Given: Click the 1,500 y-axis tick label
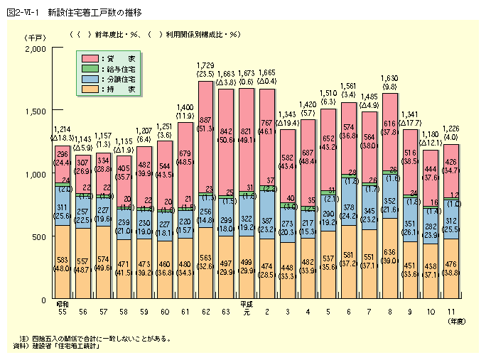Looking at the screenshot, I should coord(34,111).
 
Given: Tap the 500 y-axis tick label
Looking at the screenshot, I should coord(38,236).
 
